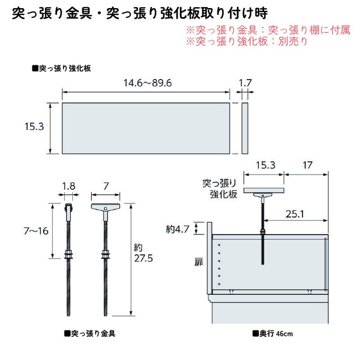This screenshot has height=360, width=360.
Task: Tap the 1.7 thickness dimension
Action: point(245,83)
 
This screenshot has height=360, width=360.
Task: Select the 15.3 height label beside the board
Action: point(34,127)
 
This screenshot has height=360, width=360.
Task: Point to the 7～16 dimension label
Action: point(36,231)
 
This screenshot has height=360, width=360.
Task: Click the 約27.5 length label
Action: point(143,253)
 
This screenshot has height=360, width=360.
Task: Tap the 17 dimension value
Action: point(307,165)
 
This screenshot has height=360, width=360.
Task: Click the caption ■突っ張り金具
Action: point(90,334)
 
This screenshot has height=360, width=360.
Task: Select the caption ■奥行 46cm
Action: point(273,334)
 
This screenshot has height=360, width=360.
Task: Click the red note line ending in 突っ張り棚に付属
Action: point(267,31)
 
